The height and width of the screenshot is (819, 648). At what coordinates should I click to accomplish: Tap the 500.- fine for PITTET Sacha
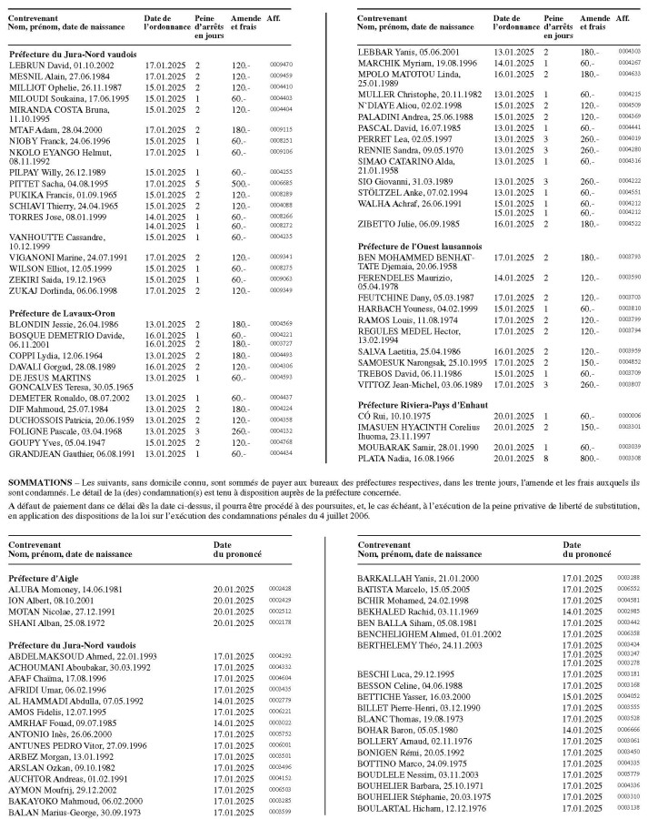240,183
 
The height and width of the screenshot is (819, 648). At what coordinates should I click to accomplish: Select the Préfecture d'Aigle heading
45,578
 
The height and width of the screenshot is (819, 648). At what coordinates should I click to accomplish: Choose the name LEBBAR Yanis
382,52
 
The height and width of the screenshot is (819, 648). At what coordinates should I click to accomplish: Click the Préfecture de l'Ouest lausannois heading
419,246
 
